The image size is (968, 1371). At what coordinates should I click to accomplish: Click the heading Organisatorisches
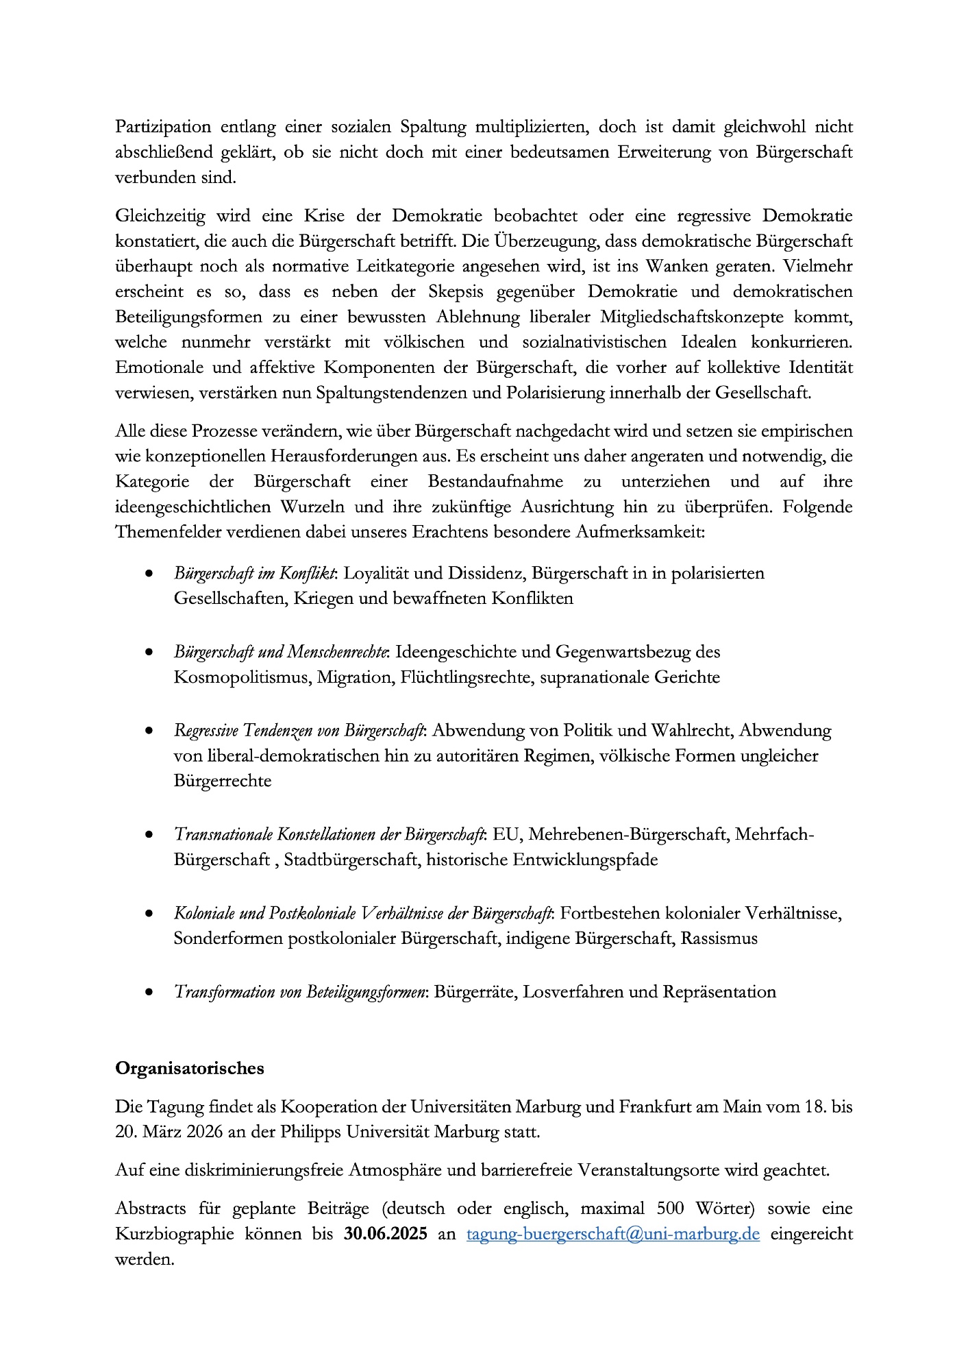click(x=189, y=1068)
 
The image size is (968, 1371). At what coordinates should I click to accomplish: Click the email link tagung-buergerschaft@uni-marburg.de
click(x=612, y=1234)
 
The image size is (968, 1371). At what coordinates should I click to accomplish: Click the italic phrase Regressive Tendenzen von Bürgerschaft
click(x=299, y=731)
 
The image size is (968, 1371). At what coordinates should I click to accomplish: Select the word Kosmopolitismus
click(x=241, y=677)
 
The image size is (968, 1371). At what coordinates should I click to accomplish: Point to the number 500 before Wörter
click(x=671, y=1209)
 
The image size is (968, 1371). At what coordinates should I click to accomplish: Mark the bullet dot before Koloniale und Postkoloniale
click(x=149, y=914)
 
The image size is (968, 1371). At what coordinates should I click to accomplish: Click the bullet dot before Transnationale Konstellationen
click(x=149, y=835)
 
